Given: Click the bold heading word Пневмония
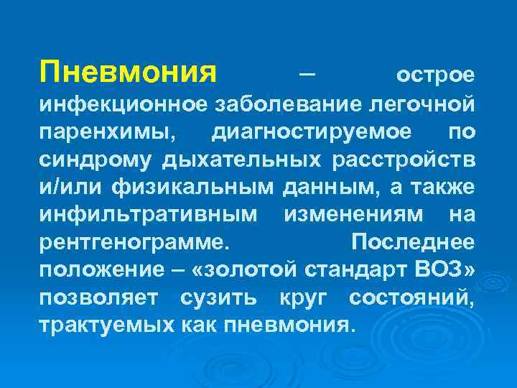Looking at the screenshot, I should (x=129, y=72).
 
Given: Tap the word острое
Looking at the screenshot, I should (x=436, y=75).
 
